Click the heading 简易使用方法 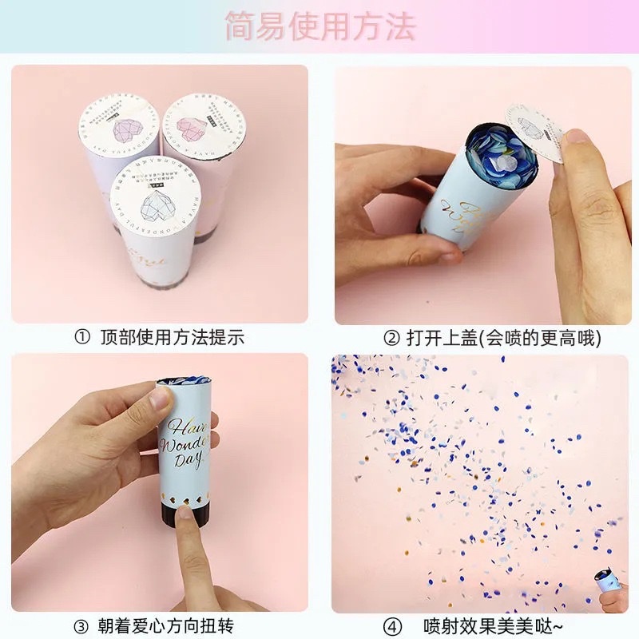[x=319, y=26]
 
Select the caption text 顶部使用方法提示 [x=172, y=337]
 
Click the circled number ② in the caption [x=391, y=338]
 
